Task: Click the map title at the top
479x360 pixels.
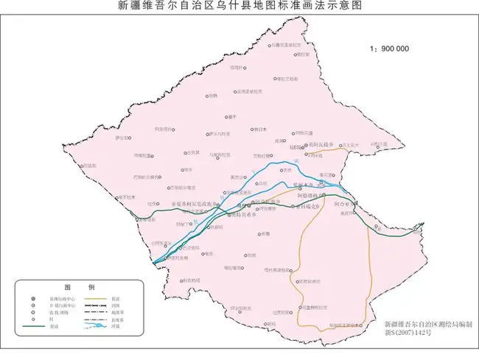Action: click(x=240, y=6)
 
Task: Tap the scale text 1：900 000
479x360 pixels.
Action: click(x=389, y=49)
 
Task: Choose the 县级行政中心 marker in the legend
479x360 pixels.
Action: click(x=33, y=298)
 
